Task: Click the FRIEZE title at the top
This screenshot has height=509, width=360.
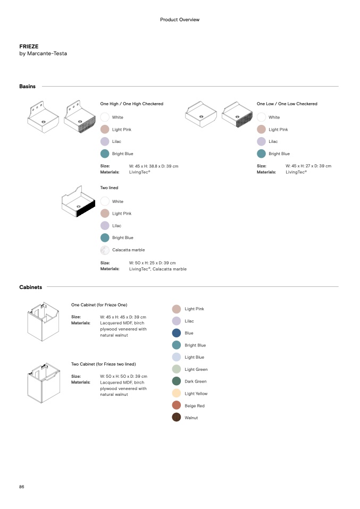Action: [29, 47]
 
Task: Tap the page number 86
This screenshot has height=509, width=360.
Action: [22, 487]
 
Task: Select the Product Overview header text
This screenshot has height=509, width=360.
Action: [180, 20]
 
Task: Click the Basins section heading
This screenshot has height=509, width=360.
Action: [28, 86]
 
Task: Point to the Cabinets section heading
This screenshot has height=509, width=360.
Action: [31, 287]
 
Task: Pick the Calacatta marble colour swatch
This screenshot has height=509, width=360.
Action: [105, 250]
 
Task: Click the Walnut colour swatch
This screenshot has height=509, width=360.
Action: [177, 418]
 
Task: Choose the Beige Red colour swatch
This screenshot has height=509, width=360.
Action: [177, 405]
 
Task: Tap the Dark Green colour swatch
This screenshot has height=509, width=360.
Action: [177, 381]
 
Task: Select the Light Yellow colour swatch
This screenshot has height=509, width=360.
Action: [177, 393]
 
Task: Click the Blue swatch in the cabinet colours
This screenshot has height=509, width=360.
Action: [177, 333]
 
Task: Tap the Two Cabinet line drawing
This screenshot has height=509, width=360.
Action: [42, 381]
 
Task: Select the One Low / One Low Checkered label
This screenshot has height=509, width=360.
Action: [287, 104]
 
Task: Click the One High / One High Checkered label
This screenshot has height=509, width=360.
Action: [132, 104]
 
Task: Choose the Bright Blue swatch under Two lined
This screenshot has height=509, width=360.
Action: [105, 237]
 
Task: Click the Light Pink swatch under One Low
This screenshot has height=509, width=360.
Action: [261, 129]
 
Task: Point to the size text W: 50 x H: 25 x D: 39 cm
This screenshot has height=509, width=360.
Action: [152, 262]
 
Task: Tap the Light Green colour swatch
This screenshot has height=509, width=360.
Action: [177, 369]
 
